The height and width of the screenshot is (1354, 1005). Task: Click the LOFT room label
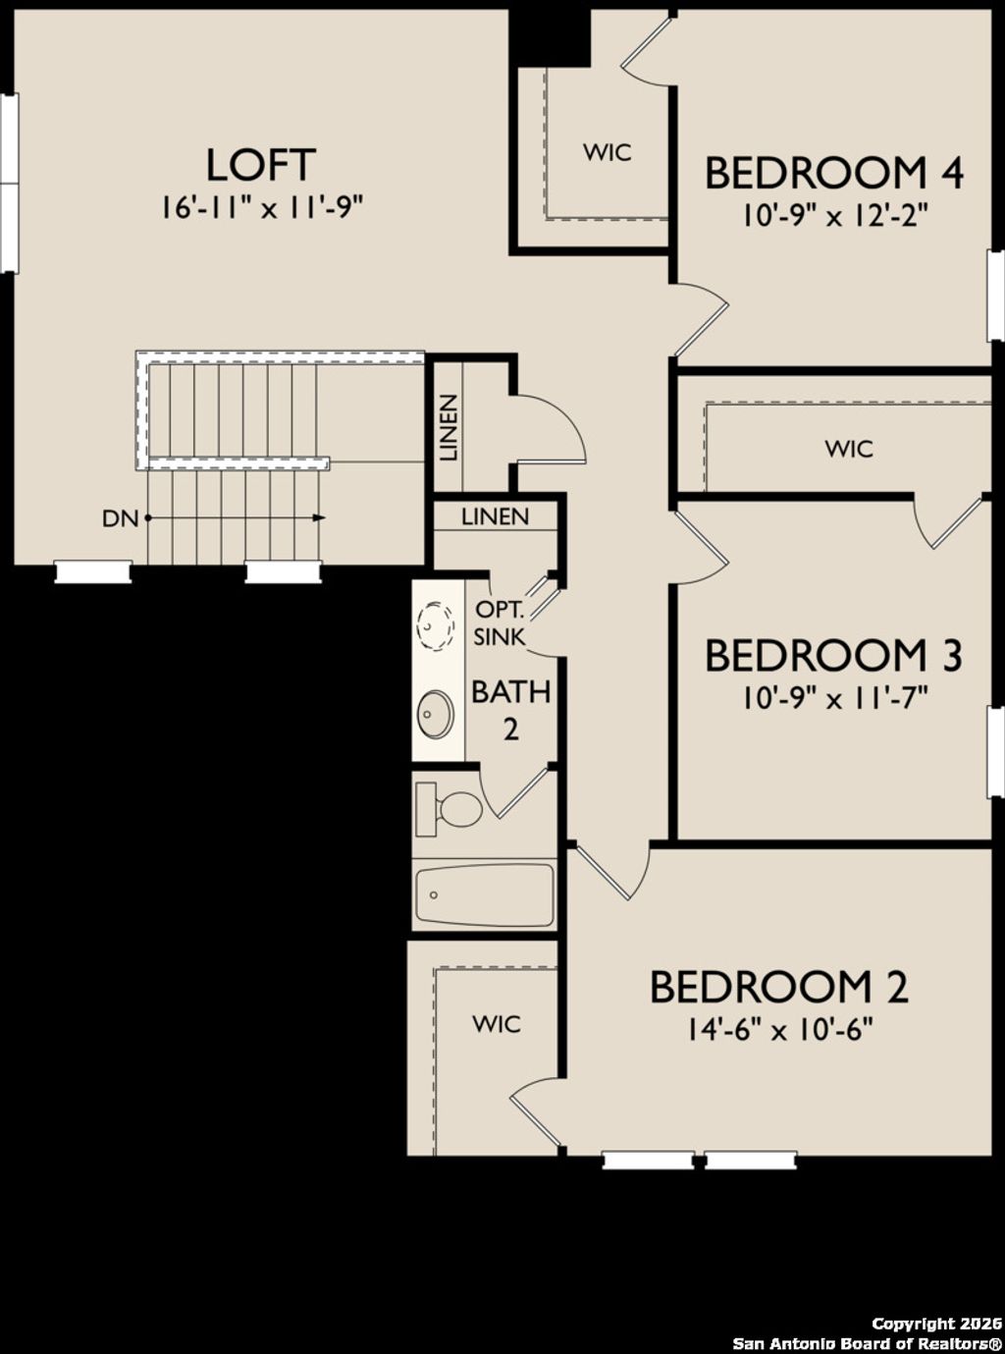[260, 165]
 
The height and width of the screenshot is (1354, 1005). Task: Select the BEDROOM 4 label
[833, 173]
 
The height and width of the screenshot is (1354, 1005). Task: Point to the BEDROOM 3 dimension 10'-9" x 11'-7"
[833, 698]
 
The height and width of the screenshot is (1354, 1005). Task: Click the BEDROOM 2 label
[778, 987]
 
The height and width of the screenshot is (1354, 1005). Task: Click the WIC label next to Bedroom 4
[607, 153]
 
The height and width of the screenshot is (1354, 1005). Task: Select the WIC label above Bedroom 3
[848, 450]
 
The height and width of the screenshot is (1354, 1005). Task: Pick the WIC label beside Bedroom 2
[497, 1024]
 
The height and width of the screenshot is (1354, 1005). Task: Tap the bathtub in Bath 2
[484, 894]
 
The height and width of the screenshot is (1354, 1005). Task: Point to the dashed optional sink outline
[436, 623]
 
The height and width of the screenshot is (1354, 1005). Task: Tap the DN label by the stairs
[120, 518]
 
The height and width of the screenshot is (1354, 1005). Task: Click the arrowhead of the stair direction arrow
[319, 517]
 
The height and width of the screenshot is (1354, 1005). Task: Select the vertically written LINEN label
[448, 428]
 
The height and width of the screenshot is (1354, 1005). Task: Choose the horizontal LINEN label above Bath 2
[495, 516]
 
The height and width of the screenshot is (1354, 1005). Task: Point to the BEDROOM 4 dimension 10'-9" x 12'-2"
[833, 215]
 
